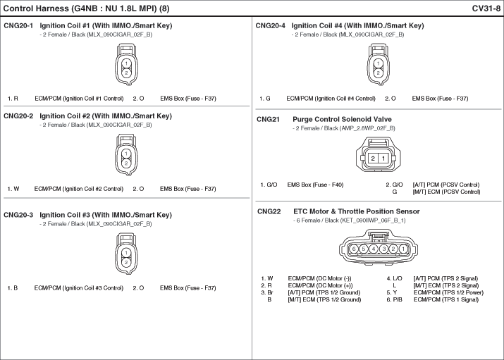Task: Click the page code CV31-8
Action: click(486, 8)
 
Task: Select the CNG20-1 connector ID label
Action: click(18, 25)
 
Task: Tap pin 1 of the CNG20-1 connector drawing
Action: click(126, 63)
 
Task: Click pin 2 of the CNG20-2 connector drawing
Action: click(126, 163)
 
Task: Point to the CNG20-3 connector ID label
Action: click(18, 215)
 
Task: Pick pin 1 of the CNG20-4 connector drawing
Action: click(378, 63)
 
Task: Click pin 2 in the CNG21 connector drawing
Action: click(373, 158)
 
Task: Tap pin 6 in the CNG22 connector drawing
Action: click(354, 249)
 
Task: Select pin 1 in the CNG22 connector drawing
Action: click(403, 249)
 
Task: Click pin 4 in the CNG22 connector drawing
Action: click(374, 249)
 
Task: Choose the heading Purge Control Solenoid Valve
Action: click(342, 120)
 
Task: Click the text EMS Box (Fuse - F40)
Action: click(315, 185)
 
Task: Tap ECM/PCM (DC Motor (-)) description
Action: click(319, 278)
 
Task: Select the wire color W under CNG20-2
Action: click(16, 189)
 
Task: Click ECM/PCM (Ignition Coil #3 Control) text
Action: click(79, 288)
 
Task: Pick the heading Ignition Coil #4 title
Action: click(358, 25)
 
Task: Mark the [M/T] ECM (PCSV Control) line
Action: click(446, 192)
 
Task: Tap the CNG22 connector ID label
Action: click(269, 211)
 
